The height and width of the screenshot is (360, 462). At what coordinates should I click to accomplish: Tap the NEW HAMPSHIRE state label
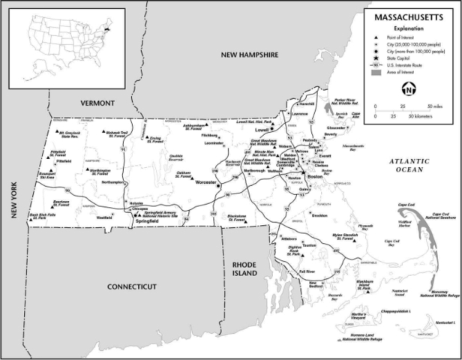(249, 55)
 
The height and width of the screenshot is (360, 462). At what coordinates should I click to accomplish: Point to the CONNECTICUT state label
(130, 286)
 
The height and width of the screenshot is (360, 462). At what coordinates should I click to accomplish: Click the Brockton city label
(320, 215)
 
